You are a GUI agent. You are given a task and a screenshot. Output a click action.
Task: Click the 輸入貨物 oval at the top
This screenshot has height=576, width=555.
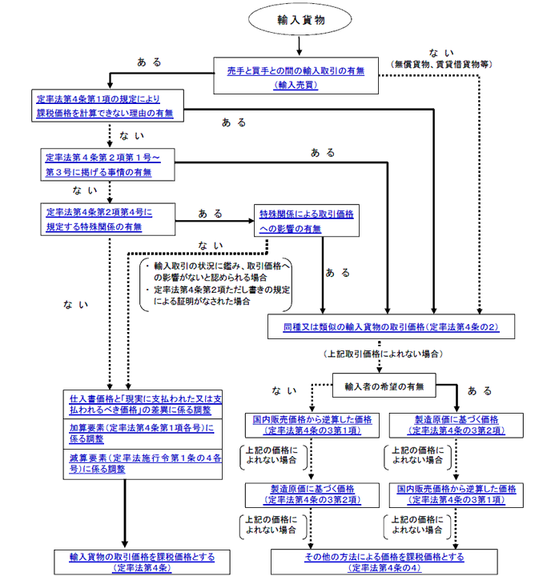pyautogui.click(x=298, y=19)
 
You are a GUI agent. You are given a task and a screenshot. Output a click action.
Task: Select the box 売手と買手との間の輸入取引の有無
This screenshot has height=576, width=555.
pyautogui.click(x=296, y=77)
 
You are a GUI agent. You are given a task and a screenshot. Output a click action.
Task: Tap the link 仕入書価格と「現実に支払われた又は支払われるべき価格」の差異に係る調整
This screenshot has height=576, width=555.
pyautogui.click(x=141, y=403)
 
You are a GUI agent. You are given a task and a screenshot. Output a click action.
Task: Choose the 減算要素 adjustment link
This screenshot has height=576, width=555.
pyautogui.click(x=141, y=463)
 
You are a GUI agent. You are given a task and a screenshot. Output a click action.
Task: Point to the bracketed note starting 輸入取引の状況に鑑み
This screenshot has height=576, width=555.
pyautogui.click(x=215, y=283)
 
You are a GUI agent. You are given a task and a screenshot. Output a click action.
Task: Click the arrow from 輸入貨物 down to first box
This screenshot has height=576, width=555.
pyautogui.click(x=298, y=46)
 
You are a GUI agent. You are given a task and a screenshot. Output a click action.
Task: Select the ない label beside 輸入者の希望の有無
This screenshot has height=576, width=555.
pyautogui.click(x=284, y=391)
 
